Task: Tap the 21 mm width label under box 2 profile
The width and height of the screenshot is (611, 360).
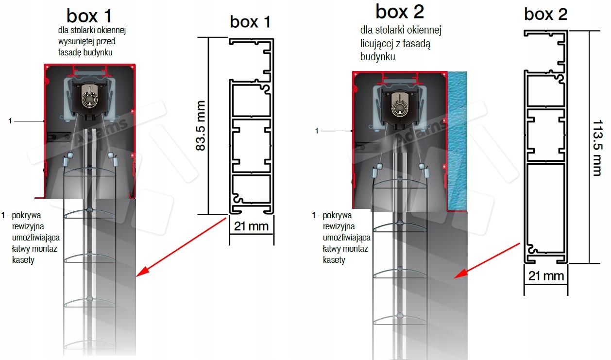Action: [x=546, y=276]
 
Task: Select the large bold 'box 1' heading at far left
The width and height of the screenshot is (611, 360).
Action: [x=89, y=16]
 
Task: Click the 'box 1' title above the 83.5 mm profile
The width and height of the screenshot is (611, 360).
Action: [x=250, y=22]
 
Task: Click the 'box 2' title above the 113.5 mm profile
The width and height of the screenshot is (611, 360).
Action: [x=546, y=15]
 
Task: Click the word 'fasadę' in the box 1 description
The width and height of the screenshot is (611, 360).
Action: [x=71, y=52]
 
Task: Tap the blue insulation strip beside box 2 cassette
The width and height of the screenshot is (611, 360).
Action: [x=457, y=141]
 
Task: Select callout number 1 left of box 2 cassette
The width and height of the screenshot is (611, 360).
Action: [x=317, y=131]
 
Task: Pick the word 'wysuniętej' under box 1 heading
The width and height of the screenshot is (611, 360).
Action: [x=75, y=42]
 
